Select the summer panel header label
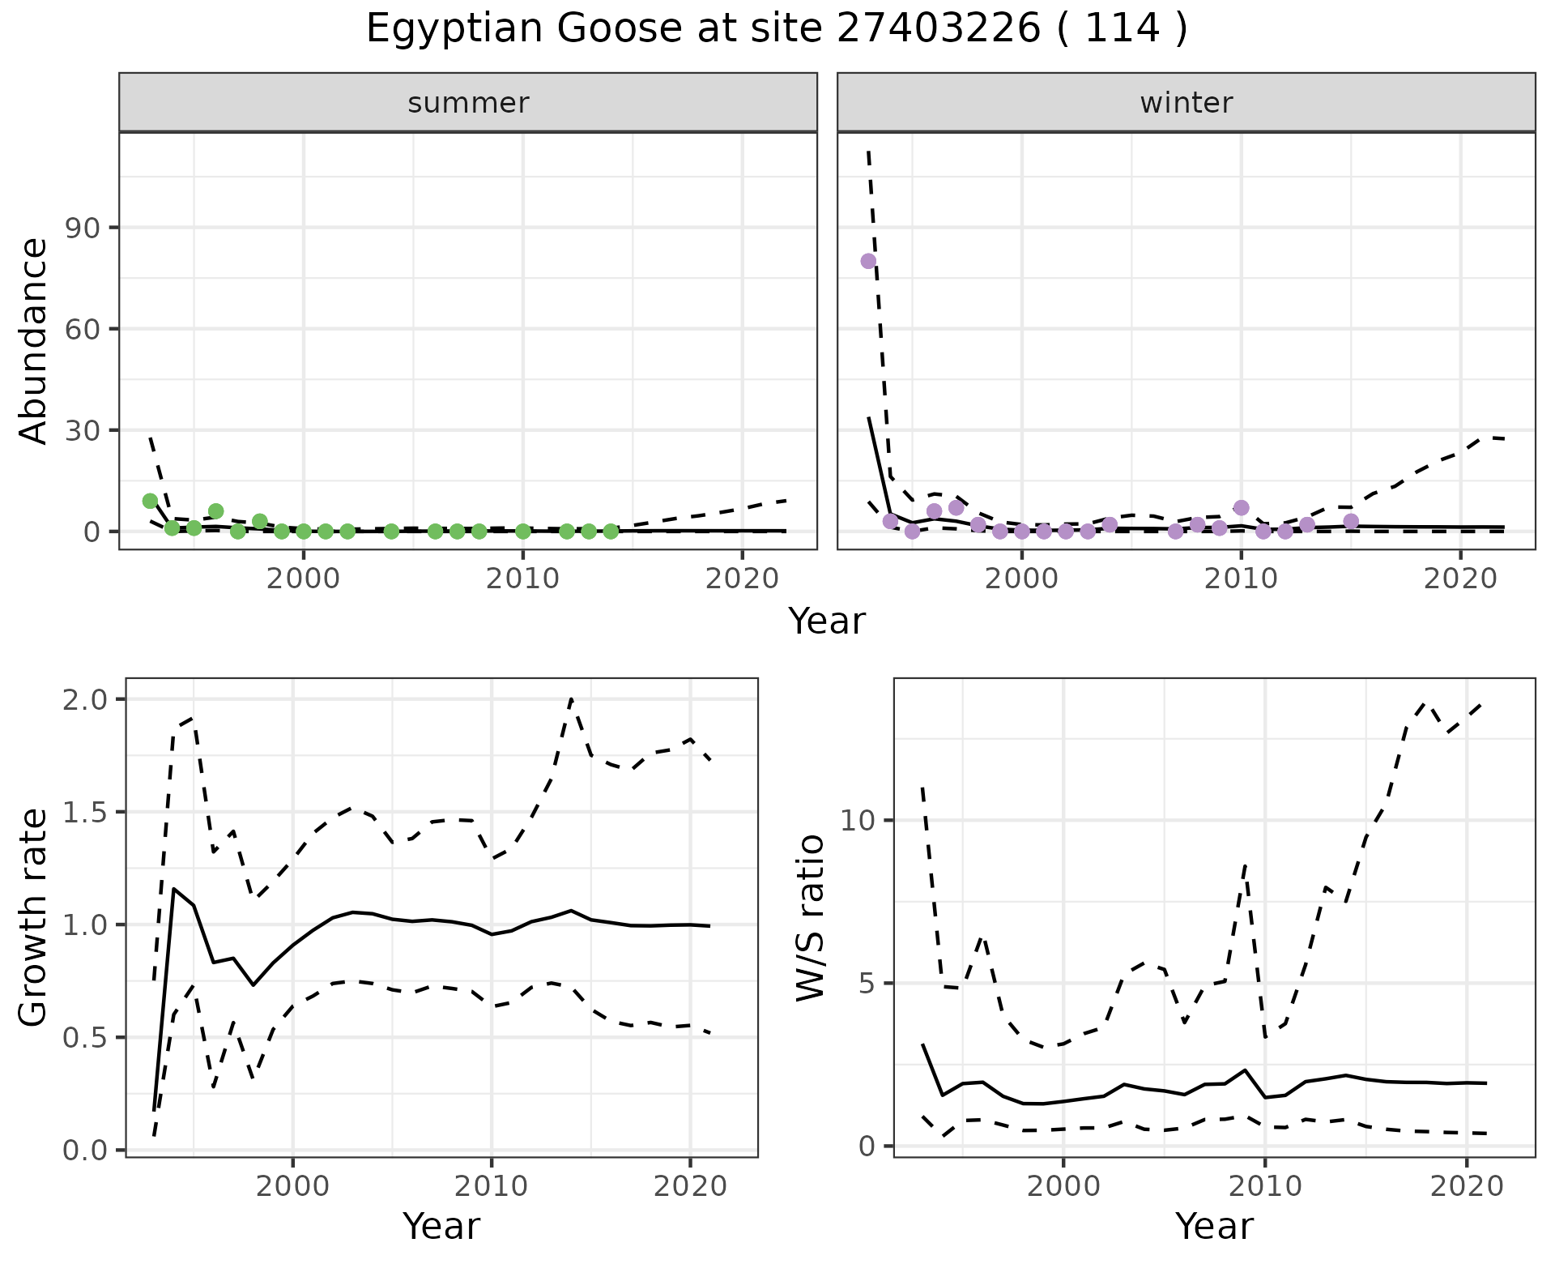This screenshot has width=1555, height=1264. click(468, 103)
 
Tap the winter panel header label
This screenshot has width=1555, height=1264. click(1186, 103)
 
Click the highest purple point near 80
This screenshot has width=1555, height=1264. click(868, 261)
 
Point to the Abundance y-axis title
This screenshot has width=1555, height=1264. click(34, 340)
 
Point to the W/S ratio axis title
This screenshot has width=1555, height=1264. click(810, 917)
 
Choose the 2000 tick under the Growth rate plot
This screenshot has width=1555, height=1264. click(293, 1187)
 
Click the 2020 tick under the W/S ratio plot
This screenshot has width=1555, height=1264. click(1467, 1187)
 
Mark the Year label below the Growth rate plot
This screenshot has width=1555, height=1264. click(441, 1226)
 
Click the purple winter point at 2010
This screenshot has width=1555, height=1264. click(1241, 508)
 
